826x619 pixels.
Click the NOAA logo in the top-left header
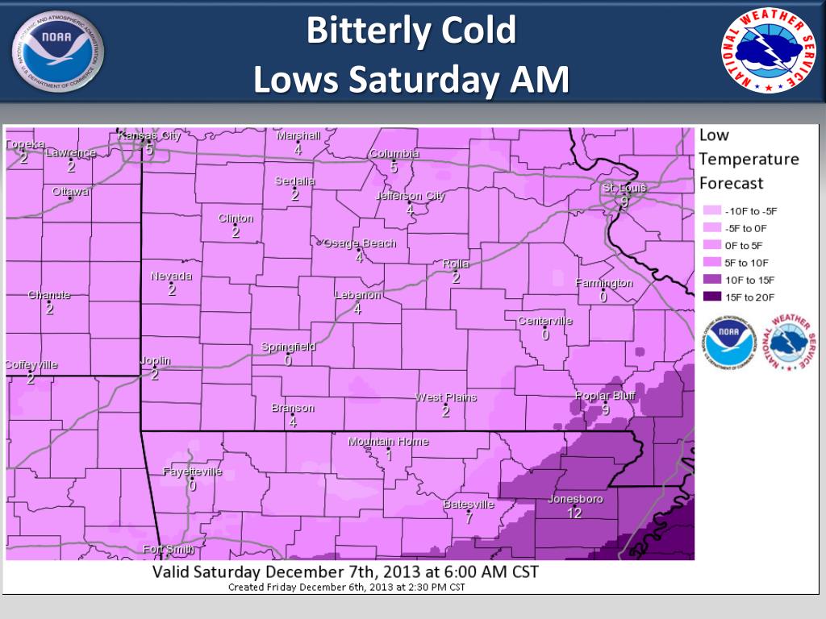tap(58, 52)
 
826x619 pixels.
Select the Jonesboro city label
tap(575, 499)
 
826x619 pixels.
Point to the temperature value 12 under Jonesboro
tap(574, 513)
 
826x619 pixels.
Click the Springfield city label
tap(289, 347)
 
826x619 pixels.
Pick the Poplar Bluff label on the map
tap(604, 396)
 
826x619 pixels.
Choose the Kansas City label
tap(149, 135)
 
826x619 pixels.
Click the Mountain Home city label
tap(388, 442)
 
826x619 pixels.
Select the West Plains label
tap(445, 397)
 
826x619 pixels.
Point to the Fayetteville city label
tap(192, 472)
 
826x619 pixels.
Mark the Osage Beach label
tap(360, 243)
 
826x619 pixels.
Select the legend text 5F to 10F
tap(747, 262)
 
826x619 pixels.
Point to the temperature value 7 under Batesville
tap(469, 518)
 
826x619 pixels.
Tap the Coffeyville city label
tap(31, 365)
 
